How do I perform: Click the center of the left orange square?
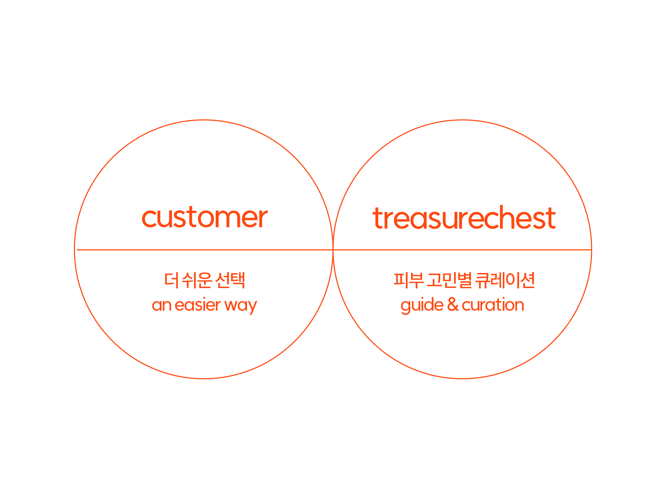pos(204,249)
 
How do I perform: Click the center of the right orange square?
pos(476,249)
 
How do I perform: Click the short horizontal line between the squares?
pos(347,250)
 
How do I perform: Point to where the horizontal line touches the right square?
pos(360,250)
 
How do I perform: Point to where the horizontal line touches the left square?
pos(334,250)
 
